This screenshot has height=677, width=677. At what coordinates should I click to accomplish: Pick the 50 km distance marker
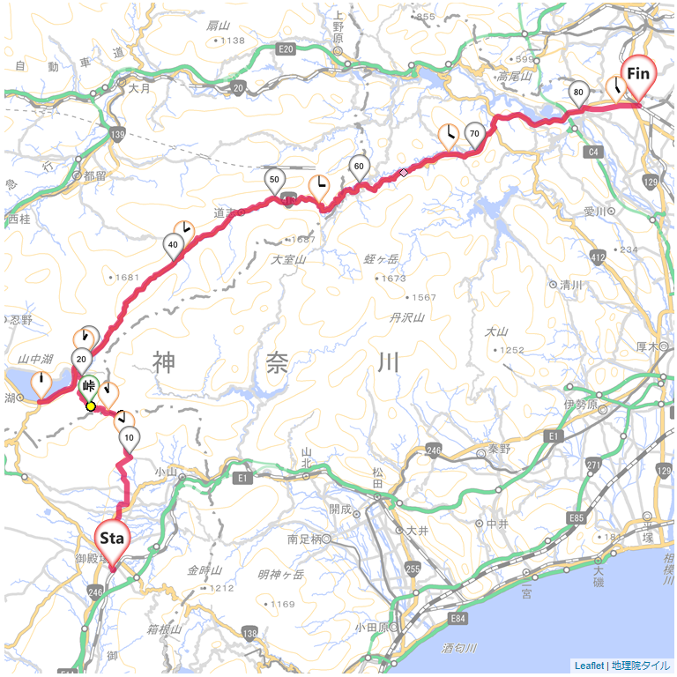pos(274,180)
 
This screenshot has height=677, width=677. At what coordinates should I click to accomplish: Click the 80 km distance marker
pos(578,92)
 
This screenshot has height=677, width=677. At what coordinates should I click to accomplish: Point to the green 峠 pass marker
pos(89,385)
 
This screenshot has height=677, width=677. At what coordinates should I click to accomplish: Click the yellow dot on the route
pos(91,405)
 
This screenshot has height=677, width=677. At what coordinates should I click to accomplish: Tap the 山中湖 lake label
pos(36,360)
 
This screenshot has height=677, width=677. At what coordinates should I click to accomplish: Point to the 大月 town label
pos(139,89)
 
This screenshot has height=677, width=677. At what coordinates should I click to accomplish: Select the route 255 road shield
pos(411,569)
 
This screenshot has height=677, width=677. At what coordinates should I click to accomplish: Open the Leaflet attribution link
pos(589,666)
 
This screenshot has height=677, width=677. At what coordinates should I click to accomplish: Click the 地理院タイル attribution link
pos(641,666)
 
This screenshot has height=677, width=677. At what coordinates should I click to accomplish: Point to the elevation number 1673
pos(393,279)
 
